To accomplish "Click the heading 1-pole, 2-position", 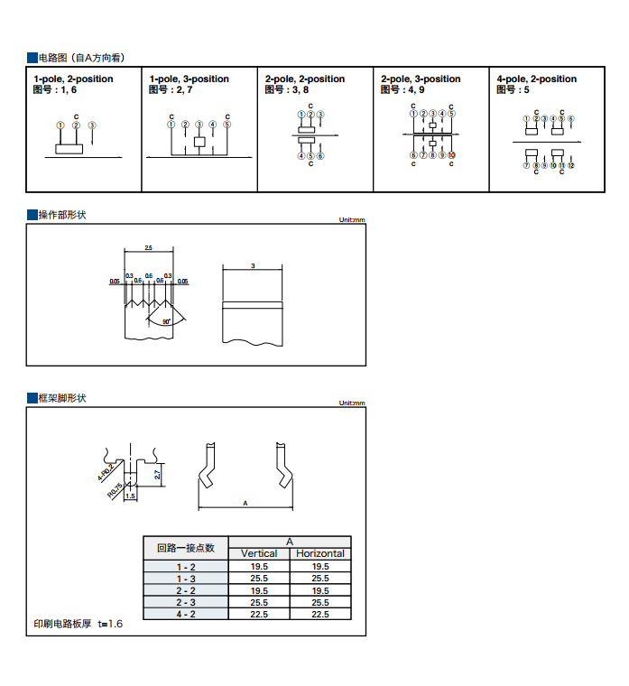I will coord(73,79).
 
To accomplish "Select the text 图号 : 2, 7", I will coord(171,89).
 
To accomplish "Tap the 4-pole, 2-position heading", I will coord(536,79).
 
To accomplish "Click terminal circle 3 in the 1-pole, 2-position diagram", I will coord(92,125).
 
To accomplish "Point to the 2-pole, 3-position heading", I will coord(421,79).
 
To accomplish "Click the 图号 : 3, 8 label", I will coord(287,89).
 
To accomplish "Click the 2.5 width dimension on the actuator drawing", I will coord(148,247).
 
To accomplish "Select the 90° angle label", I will coord(166,320).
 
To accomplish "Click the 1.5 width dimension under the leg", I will coord(130,496).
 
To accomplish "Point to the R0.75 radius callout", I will coord(115,489).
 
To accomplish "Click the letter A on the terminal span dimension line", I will coord(245,504).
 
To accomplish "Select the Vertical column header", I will coord(259,553).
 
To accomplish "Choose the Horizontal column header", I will coord(320,553).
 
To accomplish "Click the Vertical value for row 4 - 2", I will coord(259,614).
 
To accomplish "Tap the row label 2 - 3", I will coord(186,602).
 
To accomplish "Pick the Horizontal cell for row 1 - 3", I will coord(320,578).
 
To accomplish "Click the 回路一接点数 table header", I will coord(186,547).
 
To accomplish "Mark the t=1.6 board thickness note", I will coord(109,625).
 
